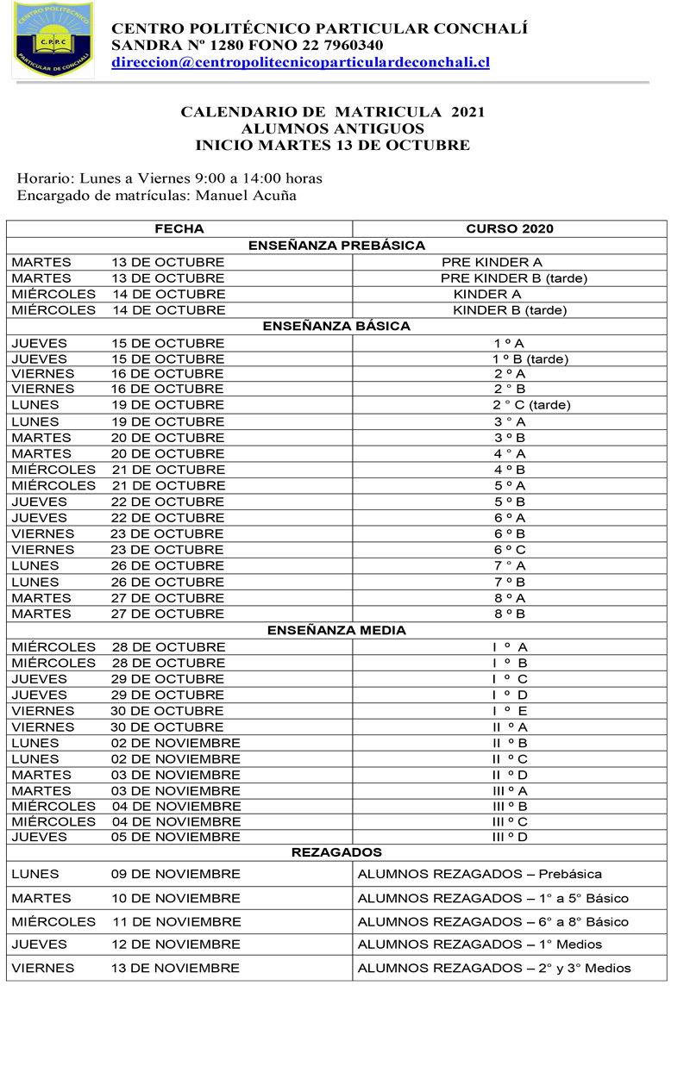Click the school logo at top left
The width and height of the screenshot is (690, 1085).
point(53,40)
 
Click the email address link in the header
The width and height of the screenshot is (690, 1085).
point(300,62)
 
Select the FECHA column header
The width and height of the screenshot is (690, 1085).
point(179,228)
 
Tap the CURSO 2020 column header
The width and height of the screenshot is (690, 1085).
point(510,228)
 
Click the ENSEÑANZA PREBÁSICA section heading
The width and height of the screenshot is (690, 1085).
point(336,246)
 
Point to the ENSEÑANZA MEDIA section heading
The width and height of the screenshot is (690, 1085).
point(336,630)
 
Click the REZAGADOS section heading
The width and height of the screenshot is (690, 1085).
point(336,852)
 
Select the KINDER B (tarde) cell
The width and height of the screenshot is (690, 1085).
point(510,310)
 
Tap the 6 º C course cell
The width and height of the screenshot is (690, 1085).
point(510,550)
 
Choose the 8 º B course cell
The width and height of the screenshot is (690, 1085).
point(510,614)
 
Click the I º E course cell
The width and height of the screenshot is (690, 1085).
point(510,711)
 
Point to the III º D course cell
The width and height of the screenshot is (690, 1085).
point(510,837)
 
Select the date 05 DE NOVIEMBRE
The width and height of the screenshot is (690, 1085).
point(175,837)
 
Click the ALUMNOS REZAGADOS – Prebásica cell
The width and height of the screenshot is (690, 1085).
point(480,874)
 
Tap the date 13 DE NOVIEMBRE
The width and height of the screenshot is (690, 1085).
point(175,968)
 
